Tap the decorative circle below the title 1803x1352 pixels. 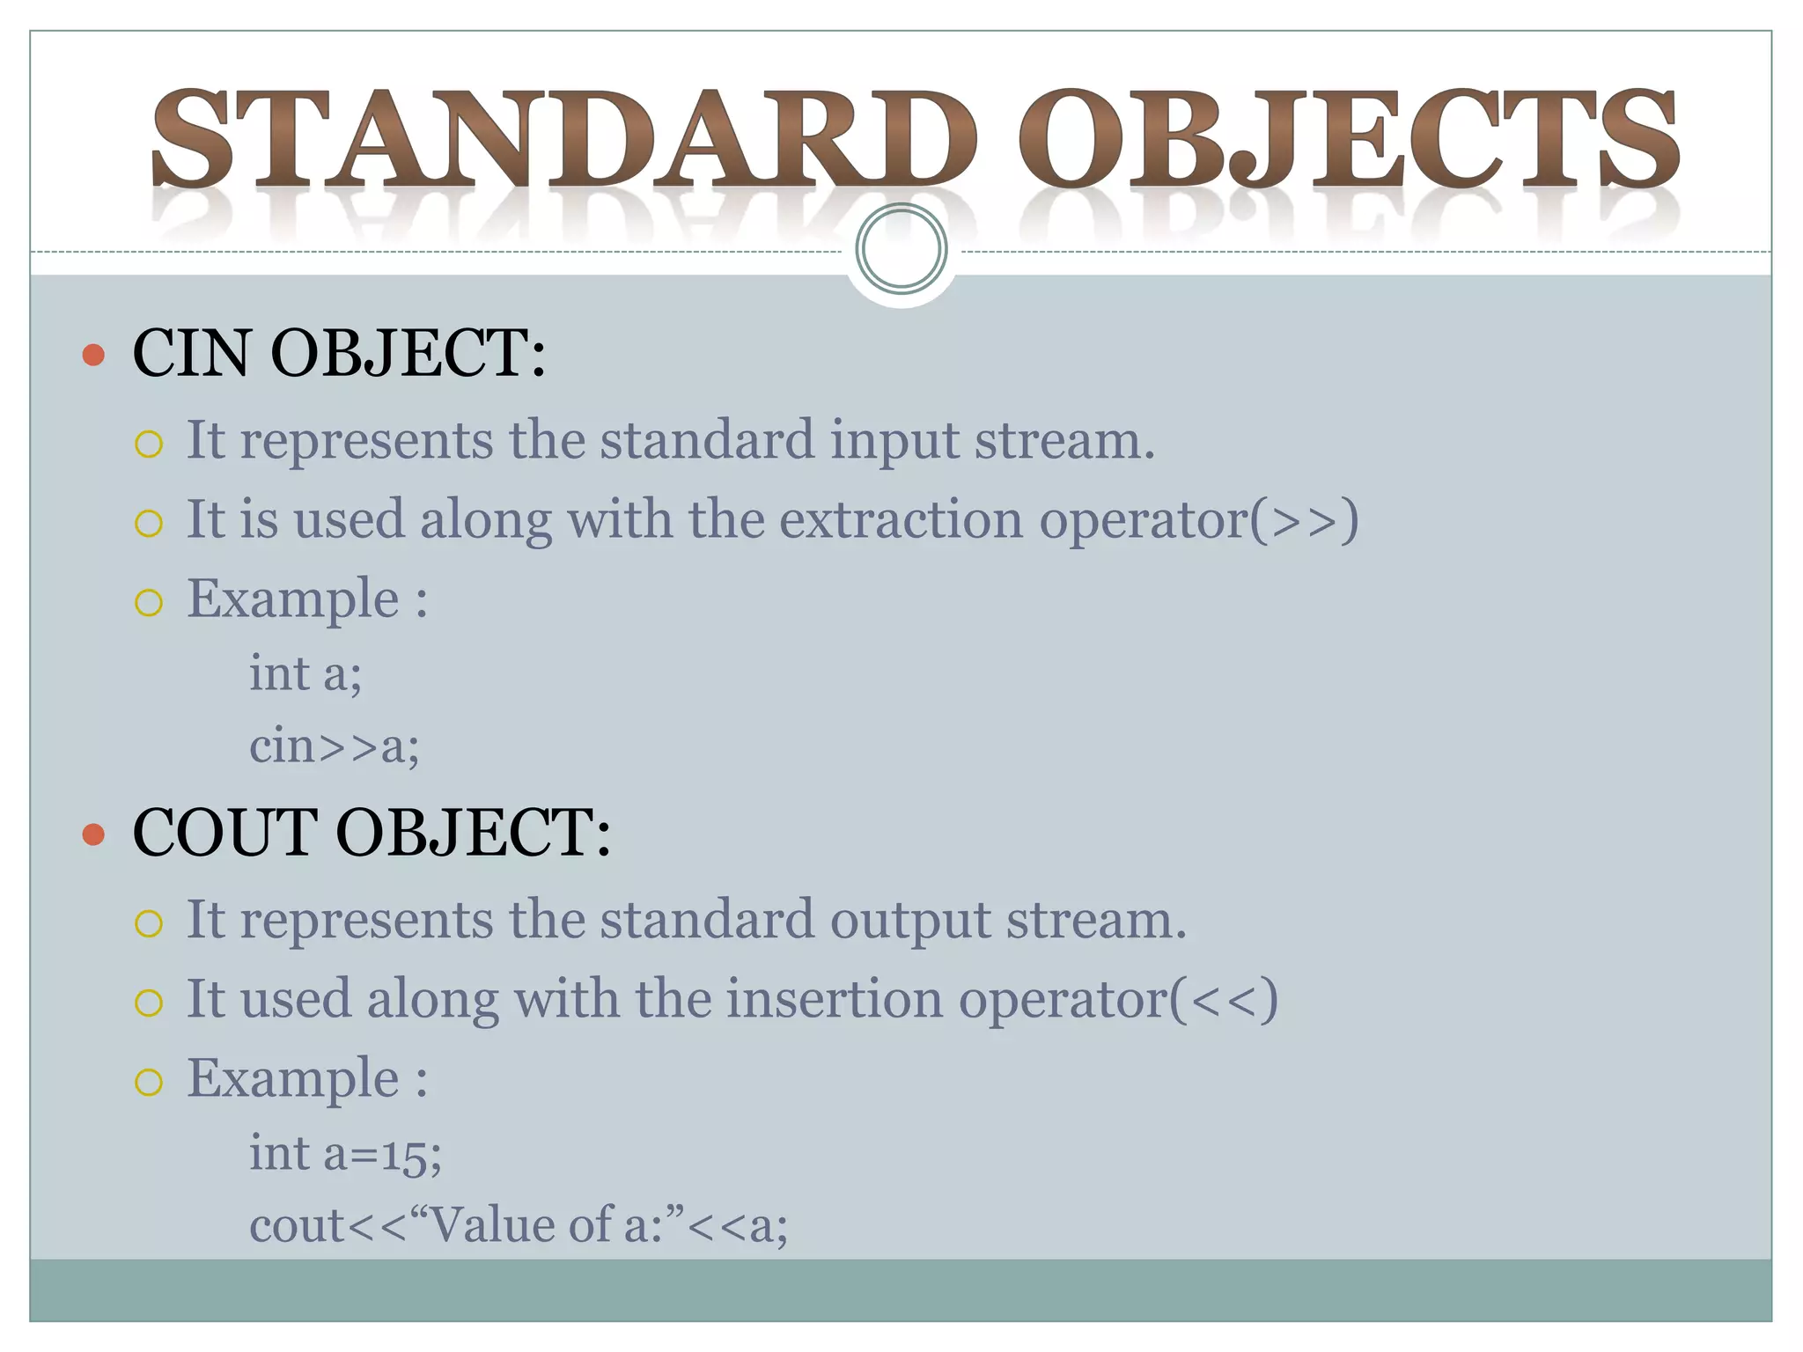(x=901, y=248)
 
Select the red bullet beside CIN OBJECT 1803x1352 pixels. (x=93, y=355)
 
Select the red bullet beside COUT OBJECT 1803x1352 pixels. (x=93, y=834)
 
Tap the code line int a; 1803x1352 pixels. (x=305, y=674)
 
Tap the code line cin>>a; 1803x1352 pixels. (x=334, y=746)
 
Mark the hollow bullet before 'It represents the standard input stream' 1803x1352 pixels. (x=149, y=444)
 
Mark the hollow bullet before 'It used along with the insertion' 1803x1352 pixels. (x=149, y=1003)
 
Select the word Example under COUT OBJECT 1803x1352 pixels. (x=292, y=1079)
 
